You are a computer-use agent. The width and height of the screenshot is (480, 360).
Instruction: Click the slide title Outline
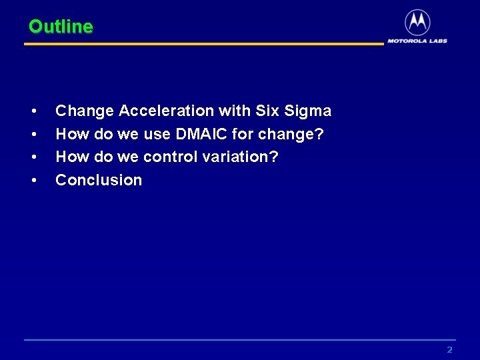click(61, 27)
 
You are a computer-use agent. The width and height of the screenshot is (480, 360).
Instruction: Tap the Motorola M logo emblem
click(417, 23)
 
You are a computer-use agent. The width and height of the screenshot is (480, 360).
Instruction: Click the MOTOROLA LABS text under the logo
click(417, 41)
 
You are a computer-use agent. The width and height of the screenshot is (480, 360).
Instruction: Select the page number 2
click(449, 350)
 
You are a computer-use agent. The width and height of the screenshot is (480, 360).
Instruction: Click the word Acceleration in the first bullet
click(166, 111)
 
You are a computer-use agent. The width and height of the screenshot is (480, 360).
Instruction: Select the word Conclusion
click(99, 180)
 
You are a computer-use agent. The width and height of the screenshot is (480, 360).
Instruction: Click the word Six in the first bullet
click(267, 111)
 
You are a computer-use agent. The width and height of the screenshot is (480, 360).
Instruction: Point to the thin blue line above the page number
click(240, 340)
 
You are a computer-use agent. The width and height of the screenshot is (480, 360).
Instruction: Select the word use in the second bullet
click(157, 134)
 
